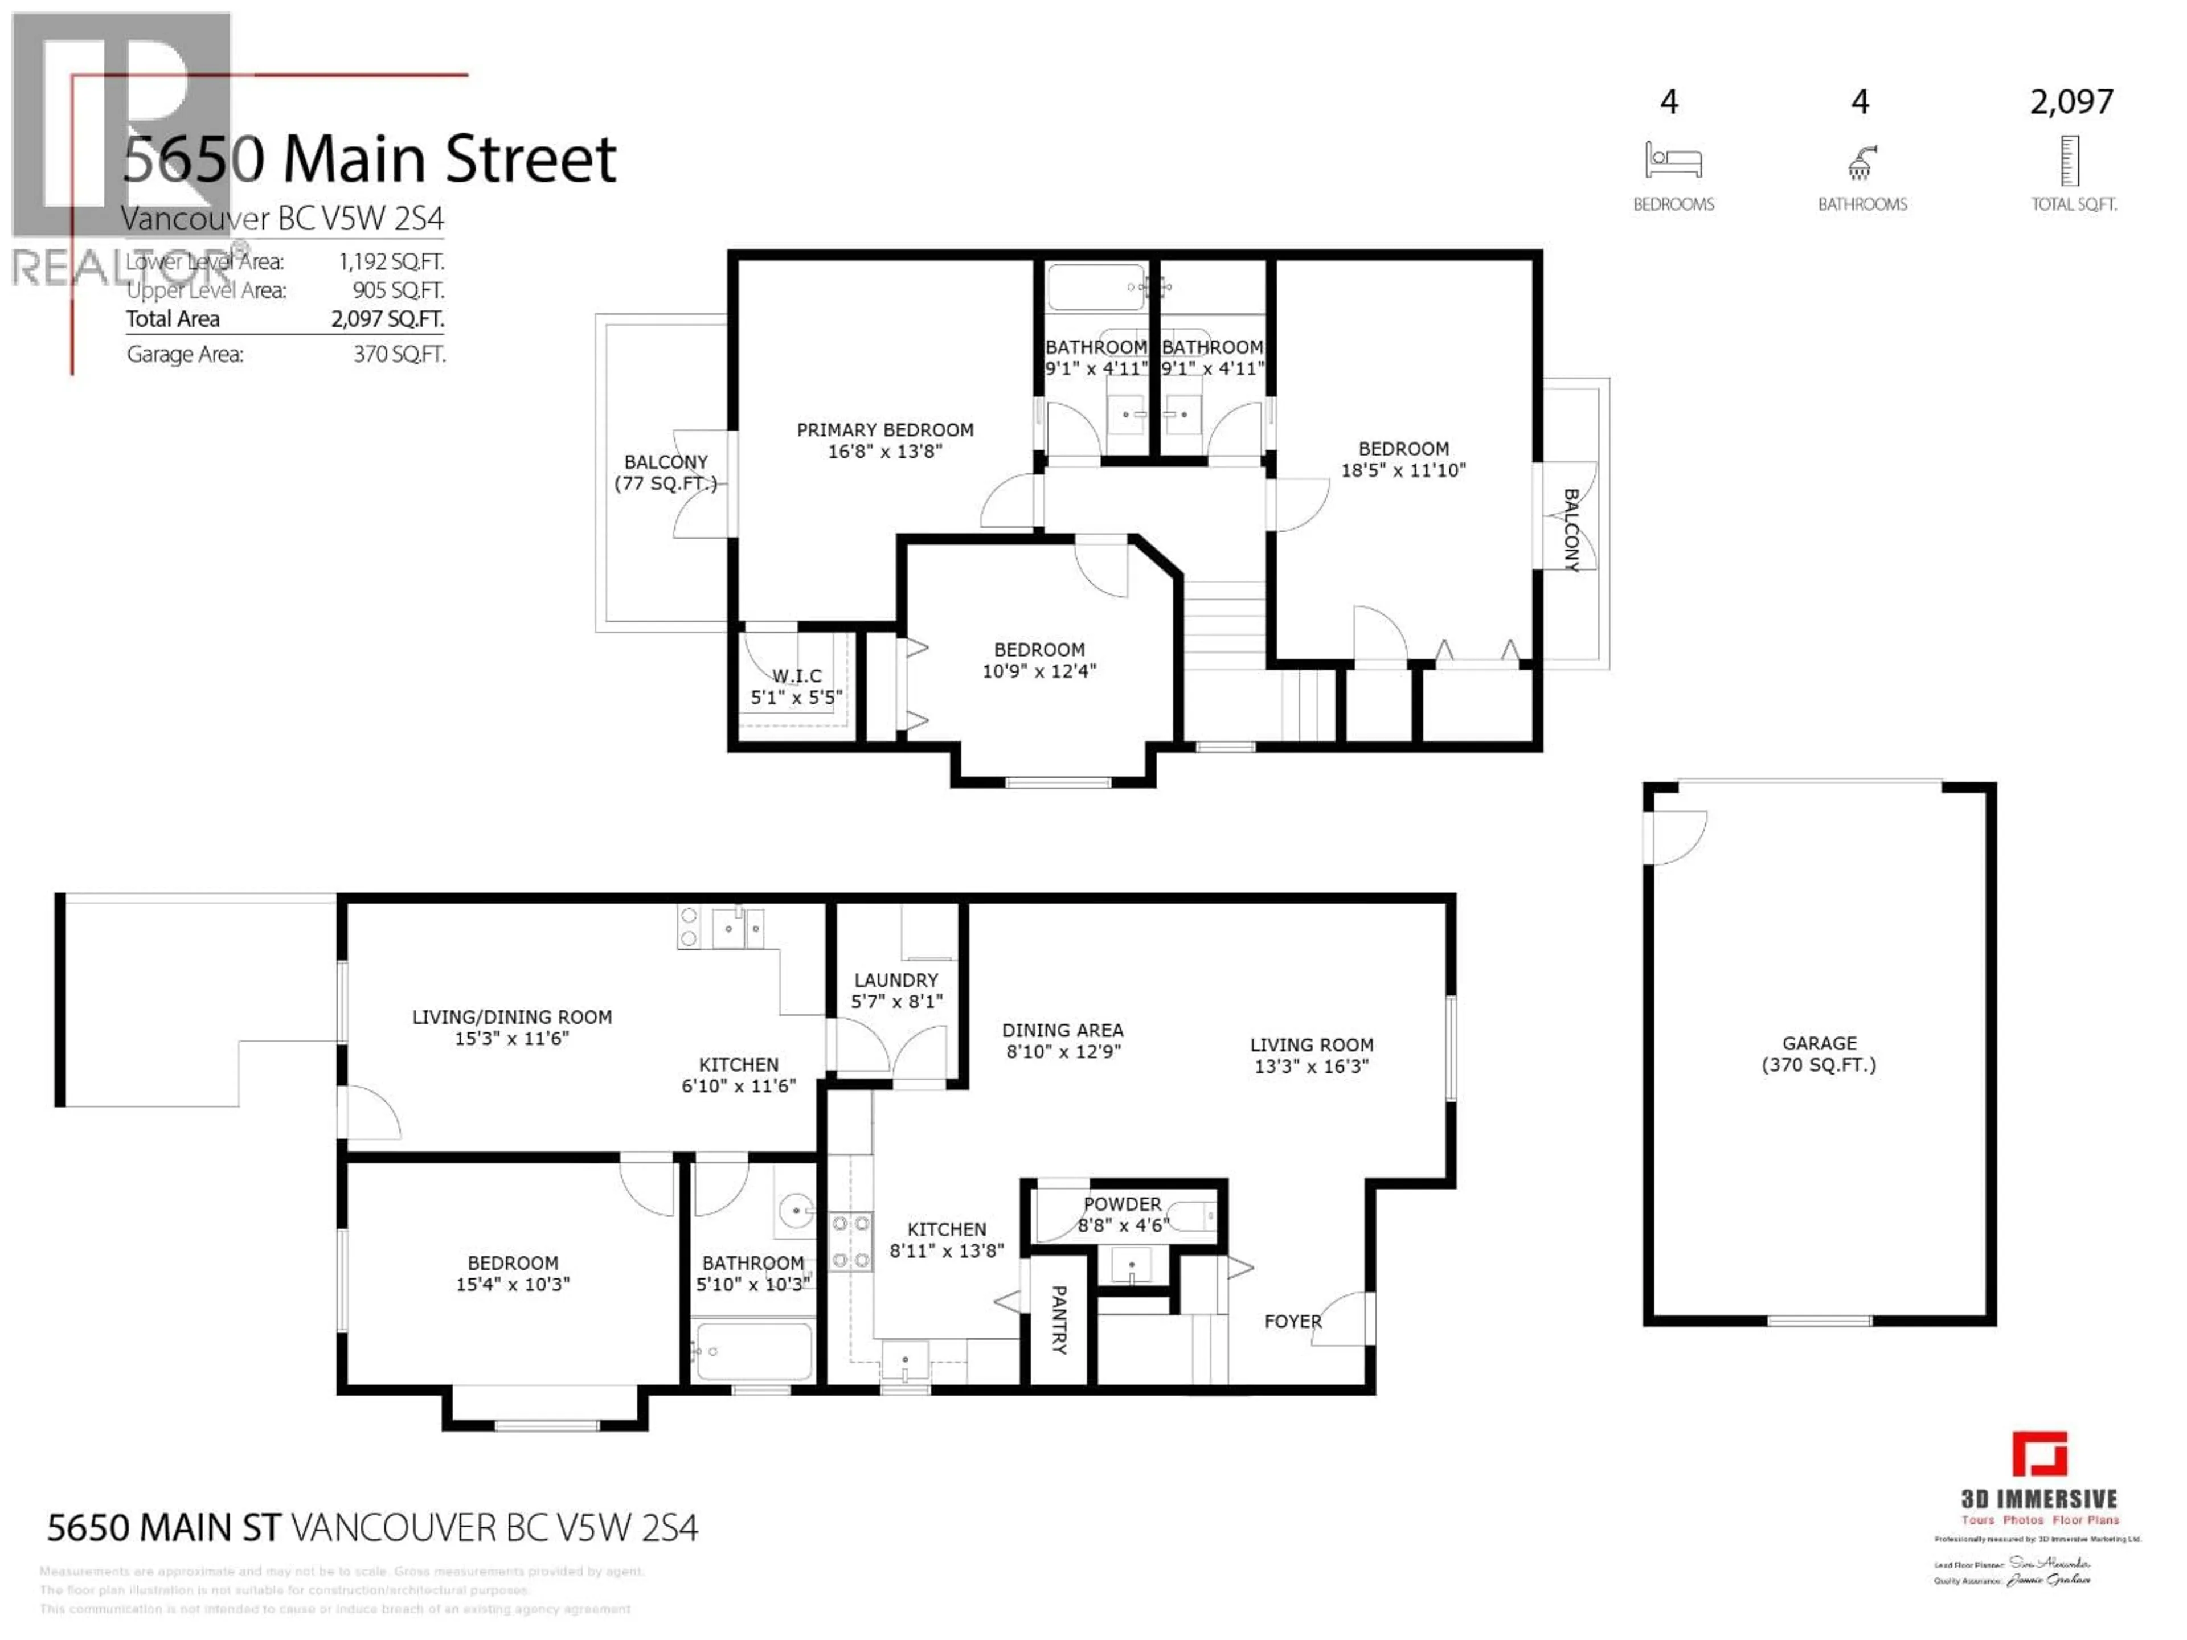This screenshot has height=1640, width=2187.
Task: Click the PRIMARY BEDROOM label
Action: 885,430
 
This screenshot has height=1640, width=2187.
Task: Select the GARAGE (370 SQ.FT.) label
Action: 1819,1054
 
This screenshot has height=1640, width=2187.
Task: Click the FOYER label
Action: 1292,1322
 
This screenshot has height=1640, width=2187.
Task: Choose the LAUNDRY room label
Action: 896,979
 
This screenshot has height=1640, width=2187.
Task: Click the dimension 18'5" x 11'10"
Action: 1403,470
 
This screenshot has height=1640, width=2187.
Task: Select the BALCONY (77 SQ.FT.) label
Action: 665,473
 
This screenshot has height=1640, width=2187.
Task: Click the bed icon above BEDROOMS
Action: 1673,160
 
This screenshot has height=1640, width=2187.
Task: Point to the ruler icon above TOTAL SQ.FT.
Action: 2070,161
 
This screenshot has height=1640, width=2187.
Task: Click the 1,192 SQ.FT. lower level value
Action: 391,262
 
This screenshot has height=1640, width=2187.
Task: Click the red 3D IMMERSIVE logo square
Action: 2039,1453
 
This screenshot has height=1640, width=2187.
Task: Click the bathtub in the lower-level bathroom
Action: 755,1350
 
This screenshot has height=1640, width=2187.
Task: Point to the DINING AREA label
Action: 1063,1030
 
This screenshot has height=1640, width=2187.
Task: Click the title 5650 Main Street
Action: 370,158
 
